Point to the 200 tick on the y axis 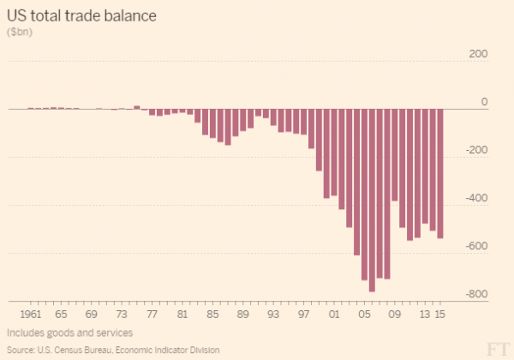[x=478, y=54]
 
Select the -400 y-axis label [x=476, y=198]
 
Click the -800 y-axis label [x=476, y=294]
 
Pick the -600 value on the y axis [x=476, y=246]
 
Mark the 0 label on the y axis [x=484, y=102]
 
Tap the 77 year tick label [x=152, y=315]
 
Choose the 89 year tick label [x=243, y=315]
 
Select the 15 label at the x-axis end [x=441, y=315]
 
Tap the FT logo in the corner [x=496, y=347]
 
